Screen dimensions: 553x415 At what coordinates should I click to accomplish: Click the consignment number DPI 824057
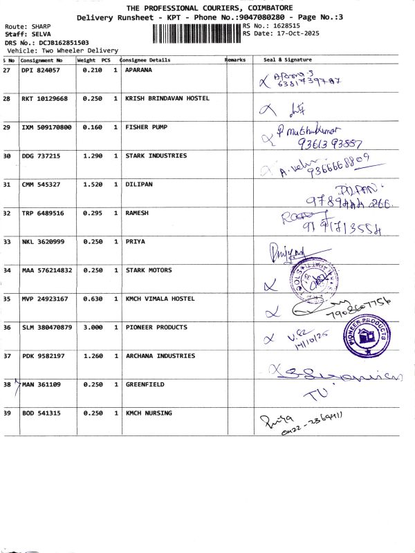[x=41, y=71]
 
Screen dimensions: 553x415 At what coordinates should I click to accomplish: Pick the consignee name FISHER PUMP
[x=146, y=127]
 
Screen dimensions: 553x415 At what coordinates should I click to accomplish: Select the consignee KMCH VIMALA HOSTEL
[x=160, y=299]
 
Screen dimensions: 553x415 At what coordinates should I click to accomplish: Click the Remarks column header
[x=236, y=60]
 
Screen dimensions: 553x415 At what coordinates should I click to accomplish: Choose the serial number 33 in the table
[x=7, y=242]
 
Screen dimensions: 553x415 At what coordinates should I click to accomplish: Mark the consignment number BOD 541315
[x=41, y=413]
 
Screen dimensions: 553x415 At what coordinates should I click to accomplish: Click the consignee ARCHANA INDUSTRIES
[x=160, y=356]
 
